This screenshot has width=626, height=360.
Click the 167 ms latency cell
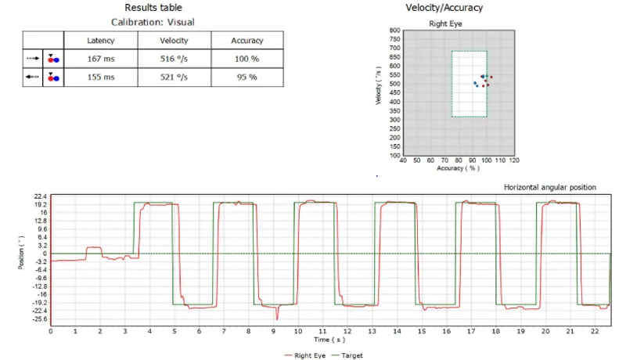click(100, 57)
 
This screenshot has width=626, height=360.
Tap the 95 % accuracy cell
click(246, 77)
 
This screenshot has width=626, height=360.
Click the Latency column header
click(100, 40)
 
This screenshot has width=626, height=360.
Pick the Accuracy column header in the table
click(246, 40)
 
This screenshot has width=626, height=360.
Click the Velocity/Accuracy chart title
click(444, 8)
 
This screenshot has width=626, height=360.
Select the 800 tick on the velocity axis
click(395, 31)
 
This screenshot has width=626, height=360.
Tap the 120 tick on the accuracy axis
click(514, 160)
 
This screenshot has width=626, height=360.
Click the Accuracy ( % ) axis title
click(458, 168)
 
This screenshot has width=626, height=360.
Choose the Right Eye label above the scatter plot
click(445, 23)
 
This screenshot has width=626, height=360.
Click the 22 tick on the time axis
click(597, 332)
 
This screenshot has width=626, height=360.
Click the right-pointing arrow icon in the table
click(33, 58)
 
